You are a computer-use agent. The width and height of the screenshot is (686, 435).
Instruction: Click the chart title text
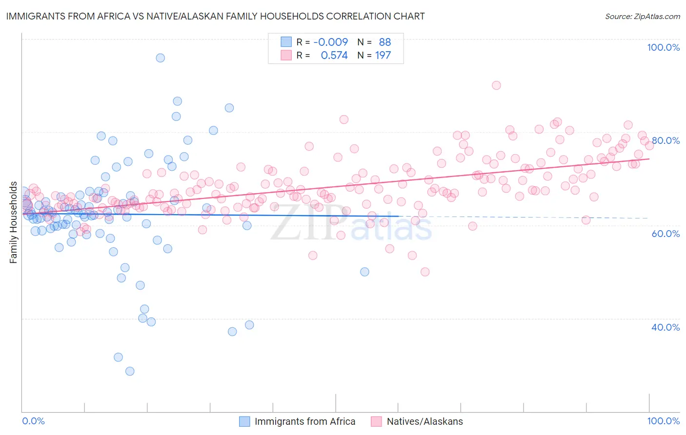(x=215, y=16)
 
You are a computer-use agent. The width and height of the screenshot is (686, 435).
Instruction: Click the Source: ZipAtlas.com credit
(x=642, y=16)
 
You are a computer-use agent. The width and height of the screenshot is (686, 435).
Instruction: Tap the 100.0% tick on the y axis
(x=663, y=47)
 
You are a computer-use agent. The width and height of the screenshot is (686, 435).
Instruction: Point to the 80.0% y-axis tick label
(x=666, y=140)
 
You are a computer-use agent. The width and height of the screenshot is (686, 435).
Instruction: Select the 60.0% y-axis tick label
(x=666, y=234)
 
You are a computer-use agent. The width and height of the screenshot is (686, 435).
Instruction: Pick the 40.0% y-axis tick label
(x=666, y=327)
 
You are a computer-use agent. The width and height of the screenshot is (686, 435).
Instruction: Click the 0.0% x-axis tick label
(x=33, y=421)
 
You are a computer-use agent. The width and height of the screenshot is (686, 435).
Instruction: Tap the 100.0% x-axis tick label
(x=663, y=421)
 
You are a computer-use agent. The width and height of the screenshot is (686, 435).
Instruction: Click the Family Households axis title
(x=14, y=222)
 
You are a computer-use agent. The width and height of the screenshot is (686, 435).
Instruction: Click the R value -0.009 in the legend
(x=330, y=42)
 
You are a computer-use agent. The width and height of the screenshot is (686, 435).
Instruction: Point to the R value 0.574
(x=334, y=56)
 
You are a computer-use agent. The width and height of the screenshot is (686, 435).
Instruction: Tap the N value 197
(x=383, y=56)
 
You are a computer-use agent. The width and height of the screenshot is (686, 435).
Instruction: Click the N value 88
(x=385, y=42)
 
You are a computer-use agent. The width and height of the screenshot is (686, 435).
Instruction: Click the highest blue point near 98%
(x=160, y=58)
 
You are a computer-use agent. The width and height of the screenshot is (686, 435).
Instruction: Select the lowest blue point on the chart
(x=130, y=371)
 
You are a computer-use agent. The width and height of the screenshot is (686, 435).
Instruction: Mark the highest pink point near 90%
(x=496, y=85)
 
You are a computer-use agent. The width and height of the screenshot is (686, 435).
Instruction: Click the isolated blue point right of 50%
(x=364, y=272)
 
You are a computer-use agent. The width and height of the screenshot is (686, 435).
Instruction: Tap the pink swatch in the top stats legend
(x=286, y=56)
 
